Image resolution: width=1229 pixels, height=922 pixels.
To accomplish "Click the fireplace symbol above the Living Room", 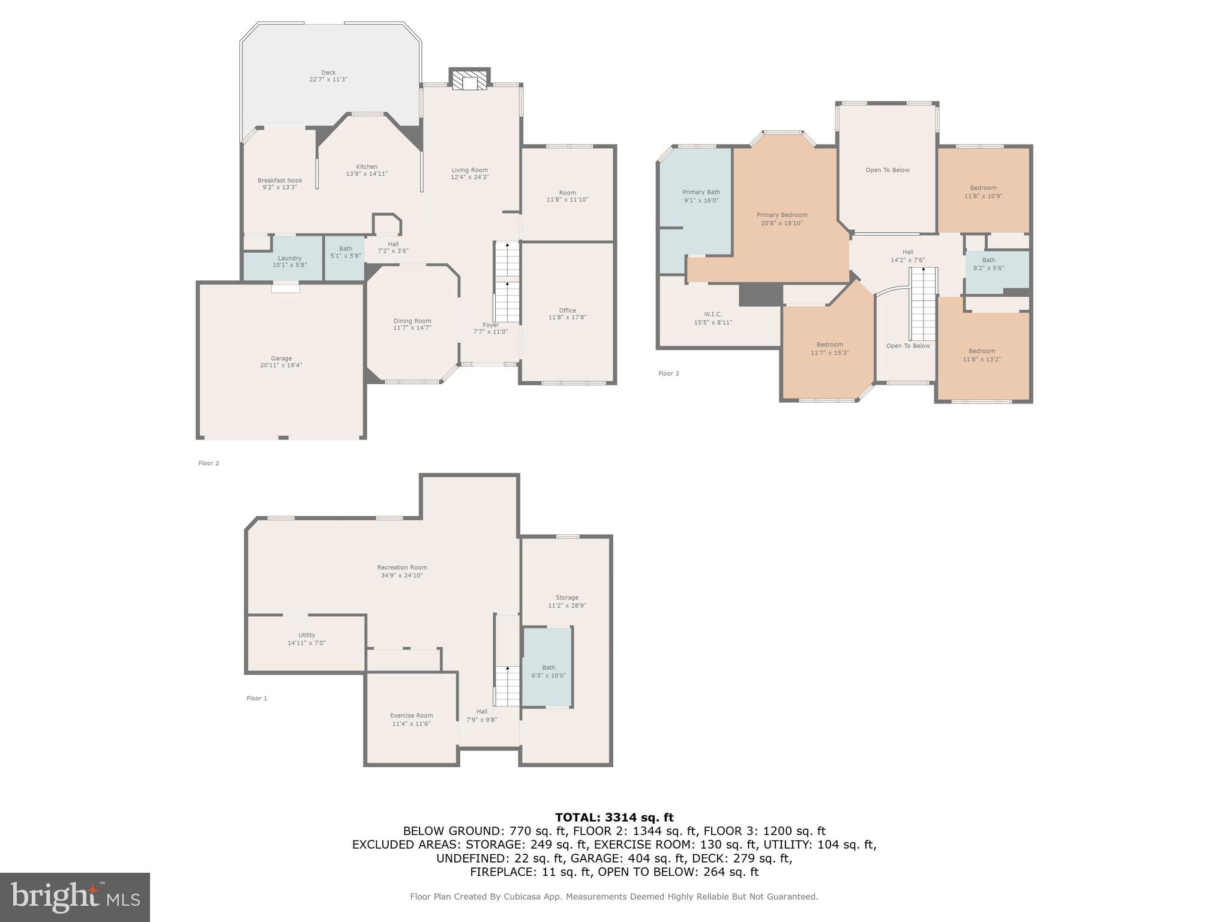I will pyautogui.click(x=469, y=82).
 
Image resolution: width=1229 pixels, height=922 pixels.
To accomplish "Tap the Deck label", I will pyautogui.click(x=328, y=73).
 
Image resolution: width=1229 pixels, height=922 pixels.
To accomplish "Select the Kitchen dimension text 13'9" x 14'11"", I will pyautogui.click(x=367, y=174).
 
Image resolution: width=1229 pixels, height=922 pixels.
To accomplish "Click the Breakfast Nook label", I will pyautogui.click(x=280, y=181).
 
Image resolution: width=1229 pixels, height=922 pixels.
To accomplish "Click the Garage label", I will pyautogui.click(x=281, y=358).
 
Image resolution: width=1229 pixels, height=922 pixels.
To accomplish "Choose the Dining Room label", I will pyautogui.click(x=412, y=321).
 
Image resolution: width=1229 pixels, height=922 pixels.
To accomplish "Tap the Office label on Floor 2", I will pyautogui.click(x=567, y=310).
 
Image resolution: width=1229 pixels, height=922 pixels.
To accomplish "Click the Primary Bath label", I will pyautogui.click(x=701, y=193).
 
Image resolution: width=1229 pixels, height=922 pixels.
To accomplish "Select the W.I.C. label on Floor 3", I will pyautogui.click(x=713, y=314).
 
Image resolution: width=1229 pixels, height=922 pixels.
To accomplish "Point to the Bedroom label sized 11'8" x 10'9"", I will pyautogui.click(x=983, y=188).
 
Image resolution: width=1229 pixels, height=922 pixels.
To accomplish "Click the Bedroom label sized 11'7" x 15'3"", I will pyautogui.click(x=829, y=345).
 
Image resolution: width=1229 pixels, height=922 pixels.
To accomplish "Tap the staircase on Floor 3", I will pyautogui.click(x=923, y=303).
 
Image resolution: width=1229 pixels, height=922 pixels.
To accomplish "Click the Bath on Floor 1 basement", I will pyautogui.click(x=548, y=667).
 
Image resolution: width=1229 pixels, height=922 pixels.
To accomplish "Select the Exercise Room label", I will pyautogui.click(x=411, y=716).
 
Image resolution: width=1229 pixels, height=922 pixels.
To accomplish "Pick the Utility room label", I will pyautogui.click(x=307, y=635).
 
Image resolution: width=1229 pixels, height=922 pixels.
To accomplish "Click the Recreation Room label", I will pyautogui.click(x=401, y=567).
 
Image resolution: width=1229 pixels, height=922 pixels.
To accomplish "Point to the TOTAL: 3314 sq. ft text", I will pyautogui.click(x=614, y=818).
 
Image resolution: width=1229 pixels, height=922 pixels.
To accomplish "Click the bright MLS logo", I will pyautogui.click(x=75, y=897).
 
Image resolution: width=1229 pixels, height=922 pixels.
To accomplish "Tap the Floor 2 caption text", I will pyautogui.click(x=209, y=463).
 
